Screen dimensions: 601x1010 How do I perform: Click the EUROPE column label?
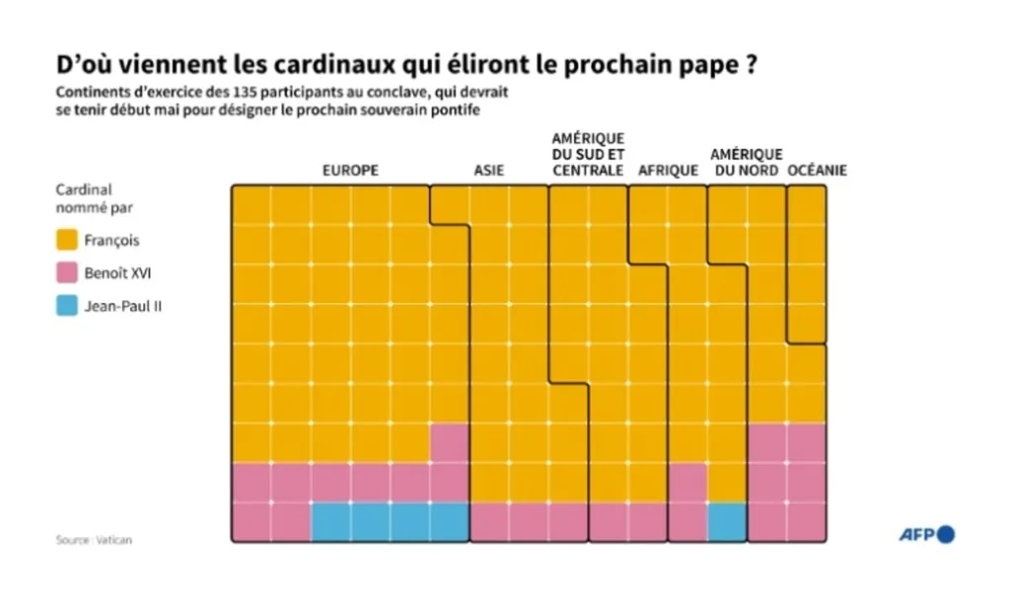coord(350,171)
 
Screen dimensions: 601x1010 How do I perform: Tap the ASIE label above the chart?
coord(488,171)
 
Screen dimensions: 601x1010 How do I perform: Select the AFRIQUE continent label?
coord(668,171)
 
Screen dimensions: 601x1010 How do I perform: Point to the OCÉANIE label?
coord(818,171)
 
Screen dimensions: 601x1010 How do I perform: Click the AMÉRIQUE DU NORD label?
coord(746,163)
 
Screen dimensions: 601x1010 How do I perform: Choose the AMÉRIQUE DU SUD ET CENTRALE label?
coord(588,155)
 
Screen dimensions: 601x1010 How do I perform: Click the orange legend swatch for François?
coord(67,240)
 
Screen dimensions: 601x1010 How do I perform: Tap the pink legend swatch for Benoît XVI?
coord(67,273)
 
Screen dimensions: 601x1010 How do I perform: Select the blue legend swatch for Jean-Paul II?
coord(67,306)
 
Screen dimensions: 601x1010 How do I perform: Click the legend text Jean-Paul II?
coord(123,306)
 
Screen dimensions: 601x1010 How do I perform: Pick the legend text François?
coord(112,240)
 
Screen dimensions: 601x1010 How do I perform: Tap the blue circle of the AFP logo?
coord(946,534)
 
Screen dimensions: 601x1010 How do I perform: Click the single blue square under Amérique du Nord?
coord(727,522)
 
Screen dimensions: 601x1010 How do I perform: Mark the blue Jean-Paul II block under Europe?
coord(390,522)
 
